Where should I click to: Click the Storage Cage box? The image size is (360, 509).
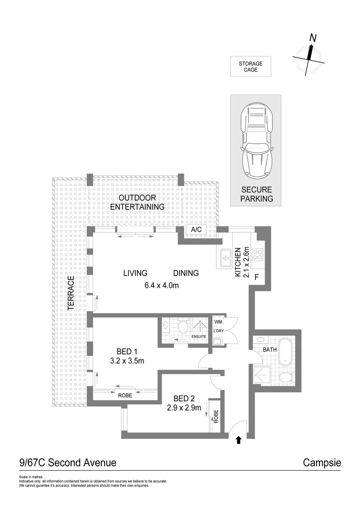click(250, 66)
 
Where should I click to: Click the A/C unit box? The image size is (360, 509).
click(195, 230)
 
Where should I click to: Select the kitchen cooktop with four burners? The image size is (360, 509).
click(258, 254)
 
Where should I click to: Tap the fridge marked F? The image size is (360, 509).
click(257, 277)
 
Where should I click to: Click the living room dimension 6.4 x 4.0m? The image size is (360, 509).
click(161, 285)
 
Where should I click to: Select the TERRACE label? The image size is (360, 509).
click(71, 293)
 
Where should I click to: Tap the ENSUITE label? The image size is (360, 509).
click(199, 337)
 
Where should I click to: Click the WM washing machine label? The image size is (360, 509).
click(218, 322)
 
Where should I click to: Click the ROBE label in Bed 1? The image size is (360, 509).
click(125, 395)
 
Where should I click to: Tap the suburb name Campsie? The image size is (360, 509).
click(321, 463)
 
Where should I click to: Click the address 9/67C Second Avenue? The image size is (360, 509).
click(68, 463)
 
